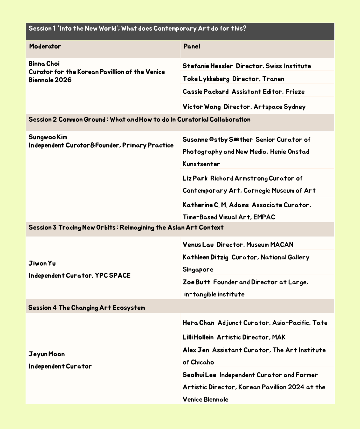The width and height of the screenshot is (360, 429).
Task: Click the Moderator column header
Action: tap(45, 46)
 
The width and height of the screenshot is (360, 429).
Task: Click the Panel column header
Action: tap(192, 46)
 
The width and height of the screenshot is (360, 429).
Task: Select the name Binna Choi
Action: tap(44, 64)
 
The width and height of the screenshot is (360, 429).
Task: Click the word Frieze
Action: tap(295, 92)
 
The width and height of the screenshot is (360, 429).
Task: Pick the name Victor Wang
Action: tap(202, 107)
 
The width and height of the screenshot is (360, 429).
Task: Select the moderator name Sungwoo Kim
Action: tap(48, 137)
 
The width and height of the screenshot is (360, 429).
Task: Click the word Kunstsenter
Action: tap(201, 164)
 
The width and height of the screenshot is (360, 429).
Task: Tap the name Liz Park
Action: tap(195, 178)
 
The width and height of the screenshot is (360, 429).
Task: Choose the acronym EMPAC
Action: tap(264, 217)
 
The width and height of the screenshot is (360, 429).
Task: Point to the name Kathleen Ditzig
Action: tap(205, 257)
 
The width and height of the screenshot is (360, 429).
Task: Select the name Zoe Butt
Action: tap(196, 282)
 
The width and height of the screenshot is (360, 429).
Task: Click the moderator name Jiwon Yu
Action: tap(42, 264)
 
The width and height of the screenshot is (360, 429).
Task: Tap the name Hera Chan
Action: tap(198, 323)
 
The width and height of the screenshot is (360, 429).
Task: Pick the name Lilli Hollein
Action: tap(198, 337)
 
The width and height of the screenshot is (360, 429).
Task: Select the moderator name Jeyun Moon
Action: tap(47, 354)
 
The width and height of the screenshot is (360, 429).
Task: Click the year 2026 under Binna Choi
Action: tap(63, 80)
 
